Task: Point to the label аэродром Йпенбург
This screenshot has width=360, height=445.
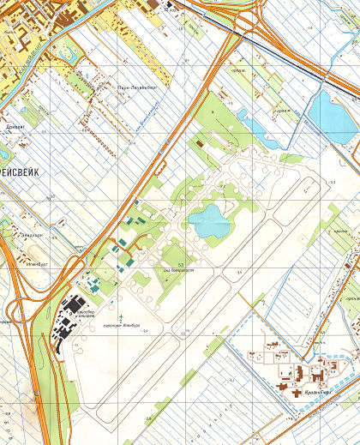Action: click(120, 325)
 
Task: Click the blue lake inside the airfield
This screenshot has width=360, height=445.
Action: click(209, 222)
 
